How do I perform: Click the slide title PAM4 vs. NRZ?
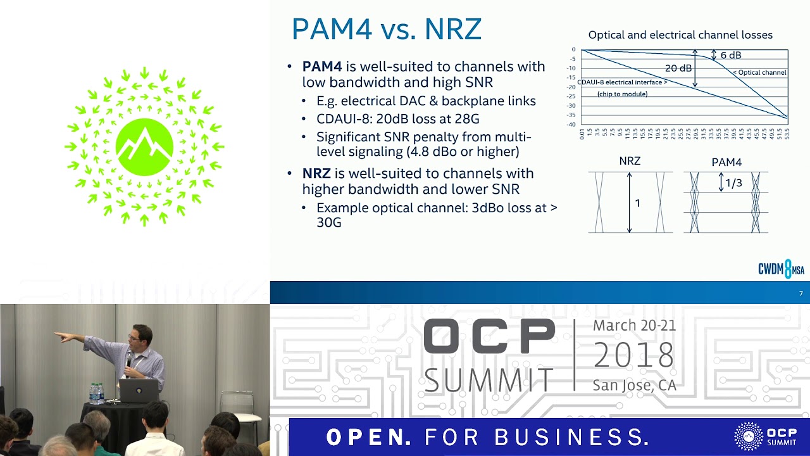coord(386,30)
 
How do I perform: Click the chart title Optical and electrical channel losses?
coord(680,35)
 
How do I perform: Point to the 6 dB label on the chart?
coord(730,56)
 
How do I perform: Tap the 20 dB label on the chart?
coord(678,68)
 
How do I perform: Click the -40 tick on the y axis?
coord(571,124)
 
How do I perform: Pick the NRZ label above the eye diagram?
coord(630,161)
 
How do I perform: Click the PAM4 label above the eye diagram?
coord(726,162)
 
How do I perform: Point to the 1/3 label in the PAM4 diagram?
coord(733,184)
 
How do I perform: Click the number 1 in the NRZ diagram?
coord(637,203)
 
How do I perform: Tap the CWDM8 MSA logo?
coord(781,269)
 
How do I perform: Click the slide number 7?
coord(801,293)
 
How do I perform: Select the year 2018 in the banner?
coord(634,355)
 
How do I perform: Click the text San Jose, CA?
coord(634,385)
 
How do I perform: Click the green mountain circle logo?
coord(145,147)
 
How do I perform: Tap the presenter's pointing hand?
coord(61,337)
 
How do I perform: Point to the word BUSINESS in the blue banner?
coord(572,437)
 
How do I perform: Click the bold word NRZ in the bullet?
coord(316,174)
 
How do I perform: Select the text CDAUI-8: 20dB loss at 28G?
coord(398,118)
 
